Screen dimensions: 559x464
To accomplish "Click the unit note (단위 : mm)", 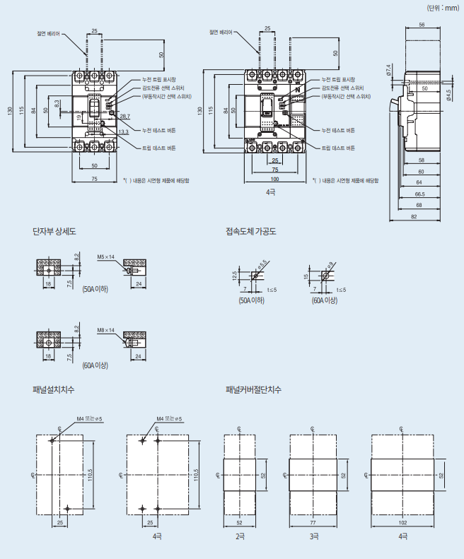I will (x=443, y=8).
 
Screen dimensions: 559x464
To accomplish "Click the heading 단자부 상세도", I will (x=54, y=232).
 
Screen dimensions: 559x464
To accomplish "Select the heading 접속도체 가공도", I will (x=250, y=232).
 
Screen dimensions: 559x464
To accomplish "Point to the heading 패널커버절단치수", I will (x=253, y=389).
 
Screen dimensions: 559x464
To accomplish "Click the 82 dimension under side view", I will (x=422, y=216).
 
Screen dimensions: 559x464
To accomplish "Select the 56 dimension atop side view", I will (x=422, y=25).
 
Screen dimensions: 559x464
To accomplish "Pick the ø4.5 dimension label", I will (x=448, y=95).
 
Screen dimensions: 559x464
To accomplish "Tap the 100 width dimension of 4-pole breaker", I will (x=274, y=180).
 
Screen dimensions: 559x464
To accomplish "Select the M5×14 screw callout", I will (x=105, y=257).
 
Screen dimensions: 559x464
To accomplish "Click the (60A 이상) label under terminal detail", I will (x=95, y=365).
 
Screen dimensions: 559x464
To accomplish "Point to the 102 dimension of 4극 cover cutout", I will (x=403, y=523).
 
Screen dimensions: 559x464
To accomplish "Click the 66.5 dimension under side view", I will (x=420, y=194).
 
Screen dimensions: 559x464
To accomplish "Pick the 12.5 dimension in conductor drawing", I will (x=235, y=276).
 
